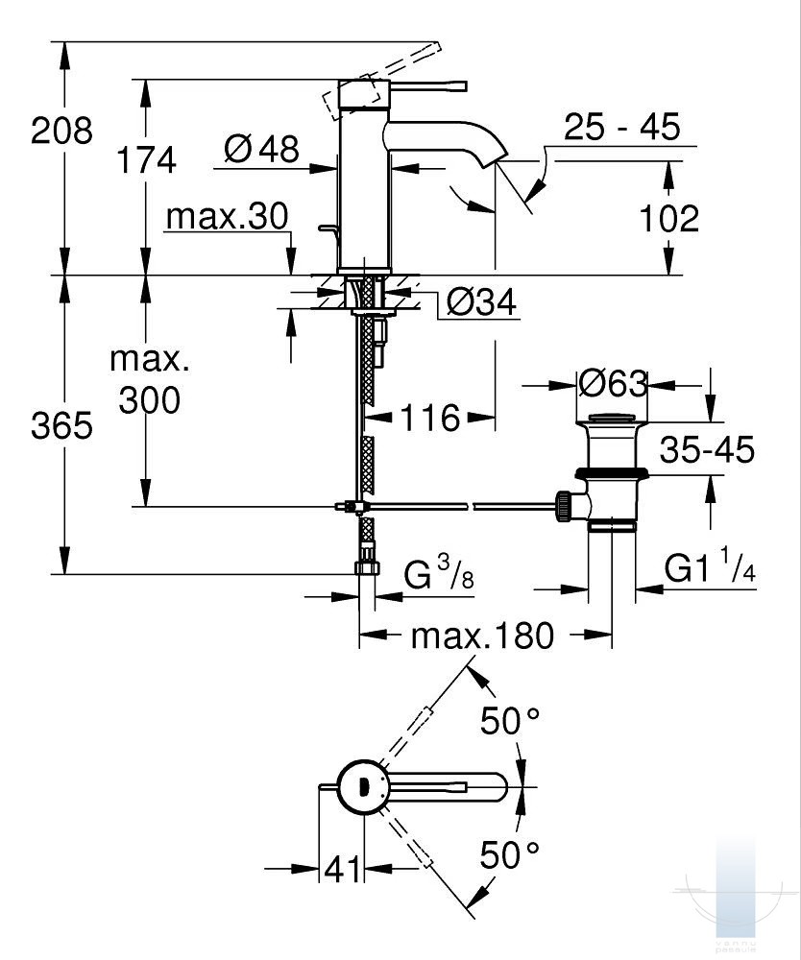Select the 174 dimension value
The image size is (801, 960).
[x=147, y=159]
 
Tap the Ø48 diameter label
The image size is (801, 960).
[x=261, y=149]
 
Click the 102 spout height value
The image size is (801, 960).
[x=669, y=219]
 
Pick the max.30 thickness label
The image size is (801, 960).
[x=227, y=217]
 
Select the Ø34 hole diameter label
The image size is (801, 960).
[x=482, y=303]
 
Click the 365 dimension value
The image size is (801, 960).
[x=61, y=424]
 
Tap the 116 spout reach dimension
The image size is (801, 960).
[x=431, y=418]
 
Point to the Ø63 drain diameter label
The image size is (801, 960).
[x=614, y=384]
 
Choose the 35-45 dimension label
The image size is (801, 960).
[x=706, y=449]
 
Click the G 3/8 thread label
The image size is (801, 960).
[x=437, y=578]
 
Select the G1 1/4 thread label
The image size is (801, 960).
[x=711, y=569]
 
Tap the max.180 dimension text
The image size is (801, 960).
[x=483, y=636]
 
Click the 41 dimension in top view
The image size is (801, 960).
[x=342, y=870]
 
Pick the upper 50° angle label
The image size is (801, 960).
[x=511, y=721]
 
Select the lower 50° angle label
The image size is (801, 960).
[x=511, y=852]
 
